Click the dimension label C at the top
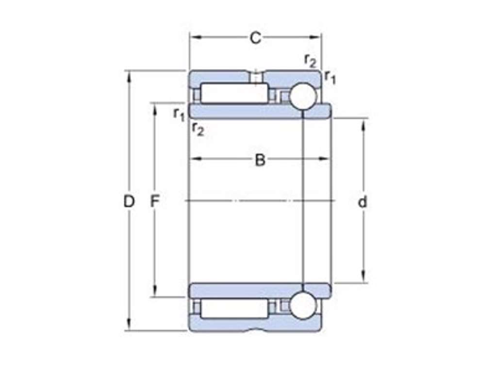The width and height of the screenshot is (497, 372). [255, 38]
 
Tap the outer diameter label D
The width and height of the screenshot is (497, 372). [129, 201]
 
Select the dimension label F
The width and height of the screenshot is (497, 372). [154, 201]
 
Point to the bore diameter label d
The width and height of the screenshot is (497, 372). [363, 202]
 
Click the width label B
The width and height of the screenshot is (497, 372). [260, 160]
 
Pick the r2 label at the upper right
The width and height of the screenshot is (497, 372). [310, 60]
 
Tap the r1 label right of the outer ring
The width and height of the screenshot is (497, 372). [330, 76]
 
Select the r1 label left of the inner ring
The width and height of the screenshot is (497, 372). [179, 114]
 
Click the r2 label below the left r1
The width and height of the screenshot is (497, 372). [198, 129]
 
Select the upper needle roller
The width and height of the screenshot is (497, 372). [234, 93]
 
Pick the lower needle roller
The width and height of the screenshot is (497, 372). [234, 309]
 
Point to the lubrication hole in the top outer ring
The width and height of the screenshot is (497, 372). [255, 77]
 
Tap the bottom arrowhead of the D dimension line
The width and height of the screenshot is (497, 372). [129, 327]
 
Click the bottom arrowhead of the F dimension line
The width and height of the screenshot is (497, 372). [154, 293]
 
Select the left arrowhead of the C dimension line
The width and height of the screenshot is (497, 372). [193, 37]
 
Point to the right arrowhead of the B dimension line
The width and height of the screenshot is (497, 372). [326, 159]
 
